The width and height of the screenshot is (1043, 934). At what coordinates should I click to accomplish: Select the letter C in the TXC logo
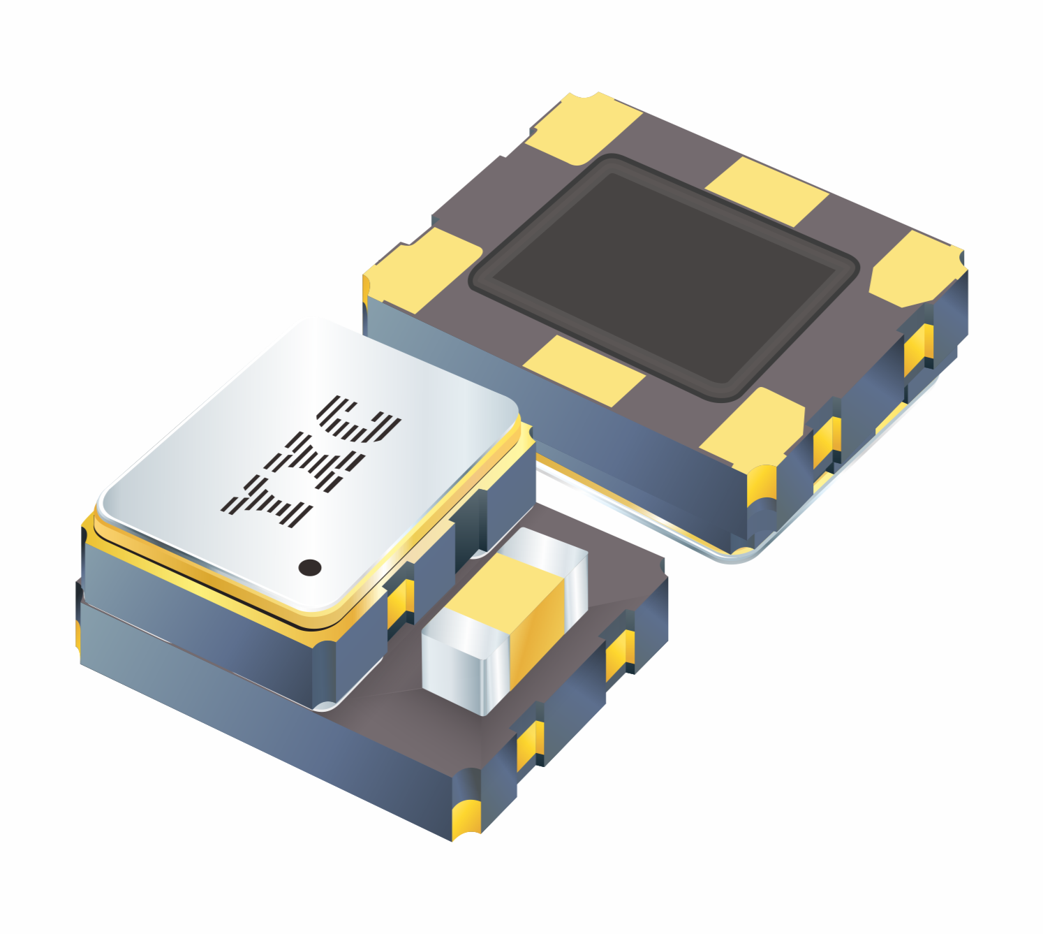tap(359, 419)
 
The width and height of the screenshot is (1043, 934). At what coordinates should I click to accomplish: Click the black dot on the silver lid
tap(310, 568)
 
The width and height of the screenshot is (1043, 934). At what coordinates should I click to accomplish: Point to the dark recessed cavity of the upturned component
tap(664, 277)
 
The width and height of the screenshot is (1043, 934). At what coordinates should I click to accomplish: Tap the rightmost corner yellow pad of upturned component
tap(917, 269)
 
